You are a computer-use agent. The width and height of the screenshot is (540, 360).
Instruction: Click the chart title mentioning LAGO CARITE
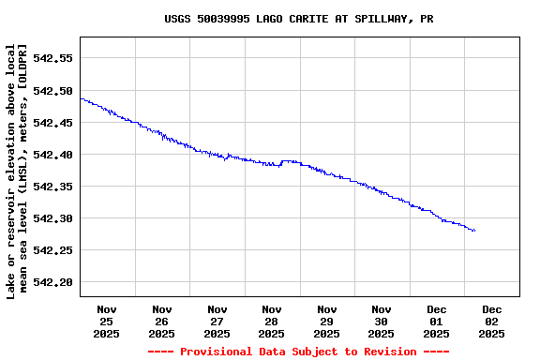(298, 19)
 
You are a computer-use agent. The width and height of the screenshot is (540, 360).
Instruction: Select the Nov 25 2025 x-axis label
(107, 321)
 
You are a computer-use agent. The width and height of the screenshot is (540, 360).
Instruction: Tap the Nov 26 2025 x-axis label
(161, 321)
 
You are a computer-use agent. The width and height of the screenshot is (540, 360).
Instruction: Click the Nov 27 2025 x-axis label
(217, 321)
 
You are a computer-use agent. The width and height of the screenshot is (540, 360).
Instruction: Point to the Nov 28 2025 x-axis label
(272, 321)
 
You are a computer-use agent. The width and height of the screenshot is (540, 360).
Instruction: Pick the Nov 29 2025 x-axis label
(326, 321)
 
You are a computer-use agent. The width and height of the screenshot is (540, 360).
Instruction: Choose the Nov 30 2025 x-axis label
(382, 321)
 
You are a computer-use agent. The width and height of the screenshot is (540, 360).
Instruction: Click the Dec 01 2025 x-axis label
(436, 321)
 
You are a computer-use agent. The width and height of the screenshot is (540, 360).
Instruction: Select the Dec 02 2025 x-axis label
(491, 321)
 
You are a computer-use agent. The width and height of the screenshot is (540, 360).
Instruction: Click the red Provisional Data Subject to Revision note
(298, 352)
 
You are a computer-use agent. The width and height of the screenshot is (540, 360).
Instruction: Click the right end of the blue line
(474, 231)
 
